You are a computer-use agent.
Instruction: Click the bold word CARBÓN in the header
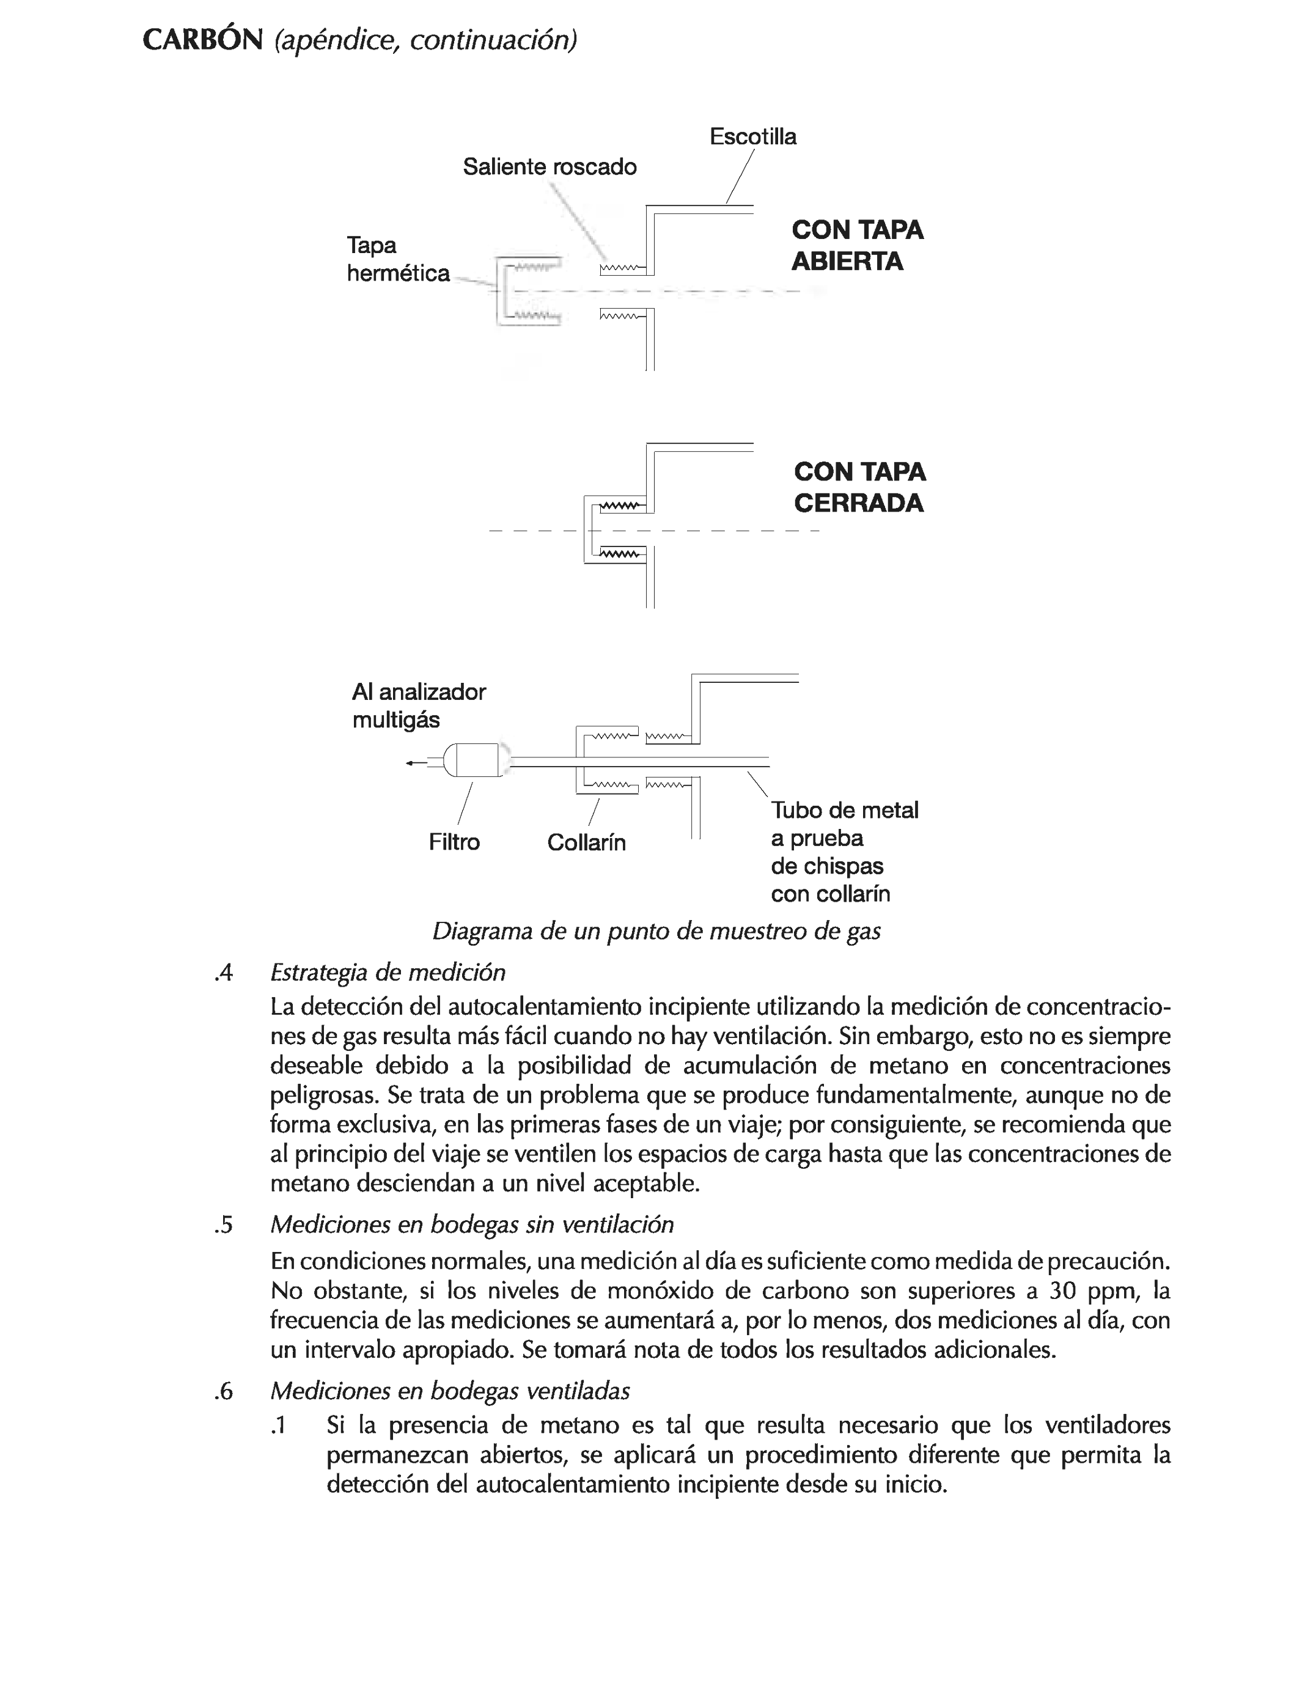(202, 40)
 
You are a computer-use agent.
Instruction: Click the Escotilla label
(752, 136)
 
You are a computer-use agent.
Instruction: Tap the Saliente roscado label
(549, 166)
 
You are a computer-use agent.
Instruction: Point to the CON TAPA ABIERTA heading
(856, 245)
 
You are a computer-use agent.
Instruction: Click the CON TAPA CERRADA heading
(859, 487)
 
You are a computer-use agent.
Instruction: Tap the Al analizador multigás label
(418, 705)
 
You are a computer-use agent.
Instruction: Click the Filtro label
(454, 842)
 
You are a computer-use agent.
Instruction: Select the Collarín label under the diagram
(586, 842)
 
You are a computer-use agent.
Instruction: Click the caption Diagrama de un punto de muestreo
(656, 931)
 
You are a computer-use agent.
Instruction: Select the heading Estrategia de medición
(388, 972)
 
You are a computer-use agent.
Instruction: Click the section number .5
(223, 1225)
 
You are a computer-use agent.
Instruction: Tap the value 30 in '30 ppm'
(1062, 1290)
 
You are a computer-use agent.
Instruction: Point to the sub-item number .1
(278, 1426)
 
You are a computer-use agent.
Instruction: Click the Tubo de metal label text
(844, 811)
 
